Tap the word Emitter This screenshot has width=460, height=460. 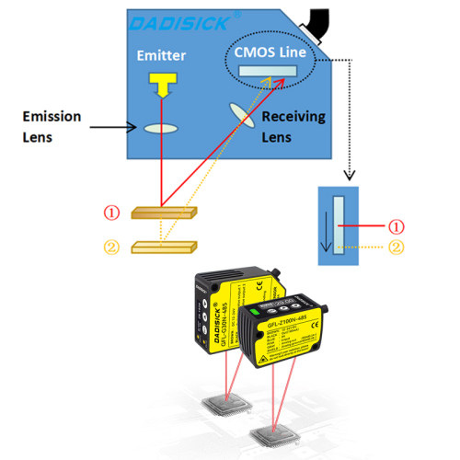[163, 56]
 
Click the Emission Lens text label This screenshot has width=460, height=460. [53, 125]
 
